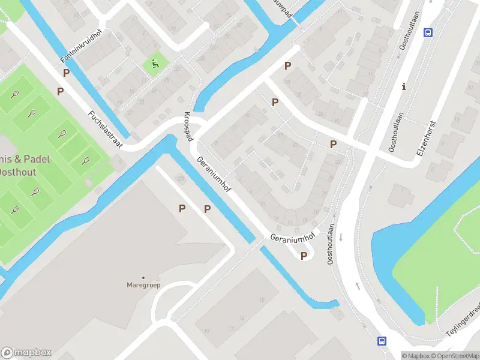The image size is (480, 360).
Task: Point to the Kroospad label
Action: coord(188,127)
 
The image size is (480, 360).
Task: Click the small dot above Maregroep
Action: coord(143,277)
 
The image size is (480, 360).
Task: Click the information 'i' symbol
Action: coord(404,86)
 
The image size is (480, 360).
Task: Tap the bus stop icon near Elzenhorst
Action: coord(428,32)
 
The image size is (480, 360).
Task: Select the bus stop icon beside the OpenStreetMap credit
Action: coord(382,341)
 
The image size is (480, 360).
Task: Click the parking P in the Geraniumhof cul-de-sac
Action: coord(304,256)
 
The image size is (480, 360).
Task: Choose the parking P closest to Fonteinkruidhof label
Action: coord(67,73)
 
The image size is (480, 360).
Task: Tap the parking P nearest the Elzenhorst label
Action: coord(333,145)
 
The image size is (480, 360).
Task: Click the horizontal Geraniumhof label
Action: coord(292,237)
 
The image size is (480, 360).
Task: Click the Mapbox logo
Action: coord(26,353)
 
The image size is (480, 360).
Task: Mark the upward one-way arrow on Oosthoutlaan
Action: coord(358,286)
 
